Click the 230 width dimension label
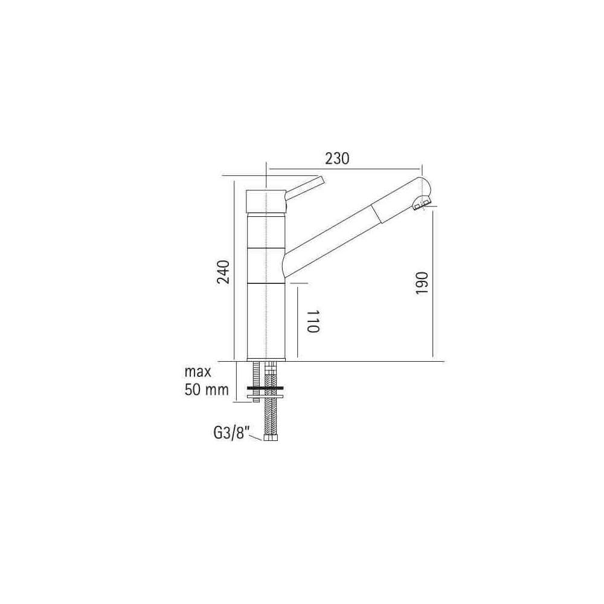point(337,158)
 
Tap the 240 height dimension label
point(223,272)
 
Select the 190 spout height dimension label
point(422,283)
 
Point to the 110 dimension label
point(313,321)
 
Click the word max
point(198,373)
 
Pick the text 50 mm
point(207,390)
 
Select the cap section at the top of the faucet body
point(266,201)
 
